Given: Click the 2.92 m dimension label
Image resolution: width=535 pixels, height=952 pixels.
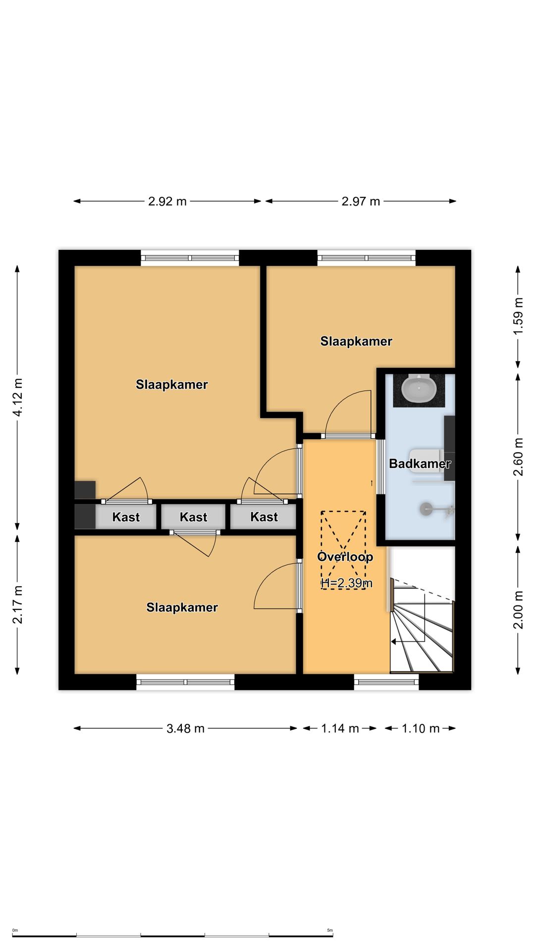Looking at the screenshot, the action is pos(167,201).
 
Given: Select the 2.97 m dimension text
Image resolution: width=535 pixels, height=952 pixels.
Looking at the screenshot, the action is pos(361,201).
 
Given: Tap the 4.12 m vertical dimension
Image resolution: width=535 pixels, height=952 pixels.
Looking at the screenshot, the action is pos(18,397).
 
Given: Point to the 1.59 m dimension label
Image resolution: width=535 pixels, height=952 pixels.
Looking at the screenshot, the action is pos(518,316).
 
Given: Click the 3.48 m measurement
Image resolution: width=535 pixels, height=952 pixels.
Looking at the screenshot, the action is pos(185,728).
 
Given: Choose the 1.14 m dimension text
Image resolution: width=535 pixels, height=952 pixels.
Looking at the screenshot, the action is pos(340,728).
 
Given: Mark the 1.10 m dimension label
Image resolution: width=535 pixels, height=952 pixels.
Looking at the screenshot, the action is pos(421,728).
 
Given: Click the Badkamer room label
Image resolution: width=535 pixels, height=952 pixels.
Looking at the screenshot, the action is pos(420,464).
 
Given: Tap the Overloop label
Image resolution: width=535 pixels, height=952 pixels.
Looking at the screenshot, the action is pos(345,557).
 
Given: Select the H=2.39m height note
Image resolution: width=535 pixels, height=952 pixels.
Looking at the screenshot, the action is pos(347,583).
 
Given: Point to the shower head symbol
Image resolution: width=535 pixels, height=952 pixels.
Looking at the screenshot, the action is pos(426,508).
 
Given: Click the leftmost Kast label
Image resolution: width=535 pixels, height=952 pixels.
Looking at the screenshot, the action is pos(126,517).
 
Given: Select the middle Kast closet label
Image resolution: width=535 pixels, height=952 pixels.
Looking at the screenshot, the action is pos(193,517).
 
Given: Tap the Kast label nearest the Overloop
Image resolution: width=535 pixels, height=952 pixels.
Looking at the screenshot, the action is pos(264,517).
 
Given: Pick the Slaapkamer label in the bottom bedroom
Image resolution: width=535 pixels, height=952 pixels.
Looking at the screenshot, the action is pos(182,607).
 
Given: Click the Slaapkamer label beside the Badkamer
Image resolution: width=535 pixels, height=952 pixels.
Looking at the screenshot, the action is pos(356,341).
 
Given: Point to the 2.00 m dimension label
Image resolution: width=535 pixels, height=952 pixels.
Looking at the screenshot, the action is pos(518,610).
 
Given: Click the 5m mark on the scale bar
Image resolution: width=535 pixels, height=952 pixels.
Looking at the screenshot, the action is pos(330,931).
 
